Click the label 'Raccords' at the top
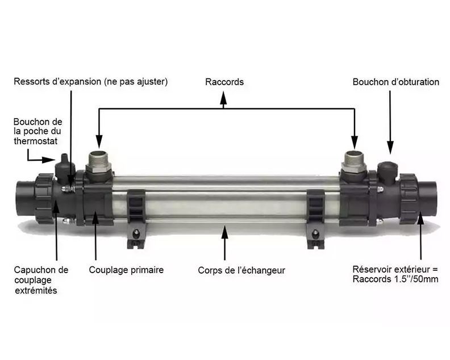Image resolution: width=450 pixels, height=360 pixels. (x=224, y=82)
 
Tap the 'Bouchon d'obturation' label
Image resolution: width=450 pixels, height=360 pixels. (x=395, y=82)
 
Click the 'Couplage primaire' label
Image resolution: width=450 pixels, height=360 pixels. (x=126, y=270)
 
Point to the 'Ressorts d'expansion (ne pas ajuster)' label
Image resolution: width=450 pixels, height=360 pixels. (x=91, y=82)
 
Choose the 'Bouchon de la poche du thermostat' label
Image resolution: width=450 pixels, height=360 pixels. (x=38, y=131)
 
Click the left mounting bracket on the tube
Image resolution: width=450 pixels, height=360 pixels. (x=134, y=216)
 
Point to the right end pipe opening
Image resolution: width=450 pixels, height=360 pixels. (x=429, y=196)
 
